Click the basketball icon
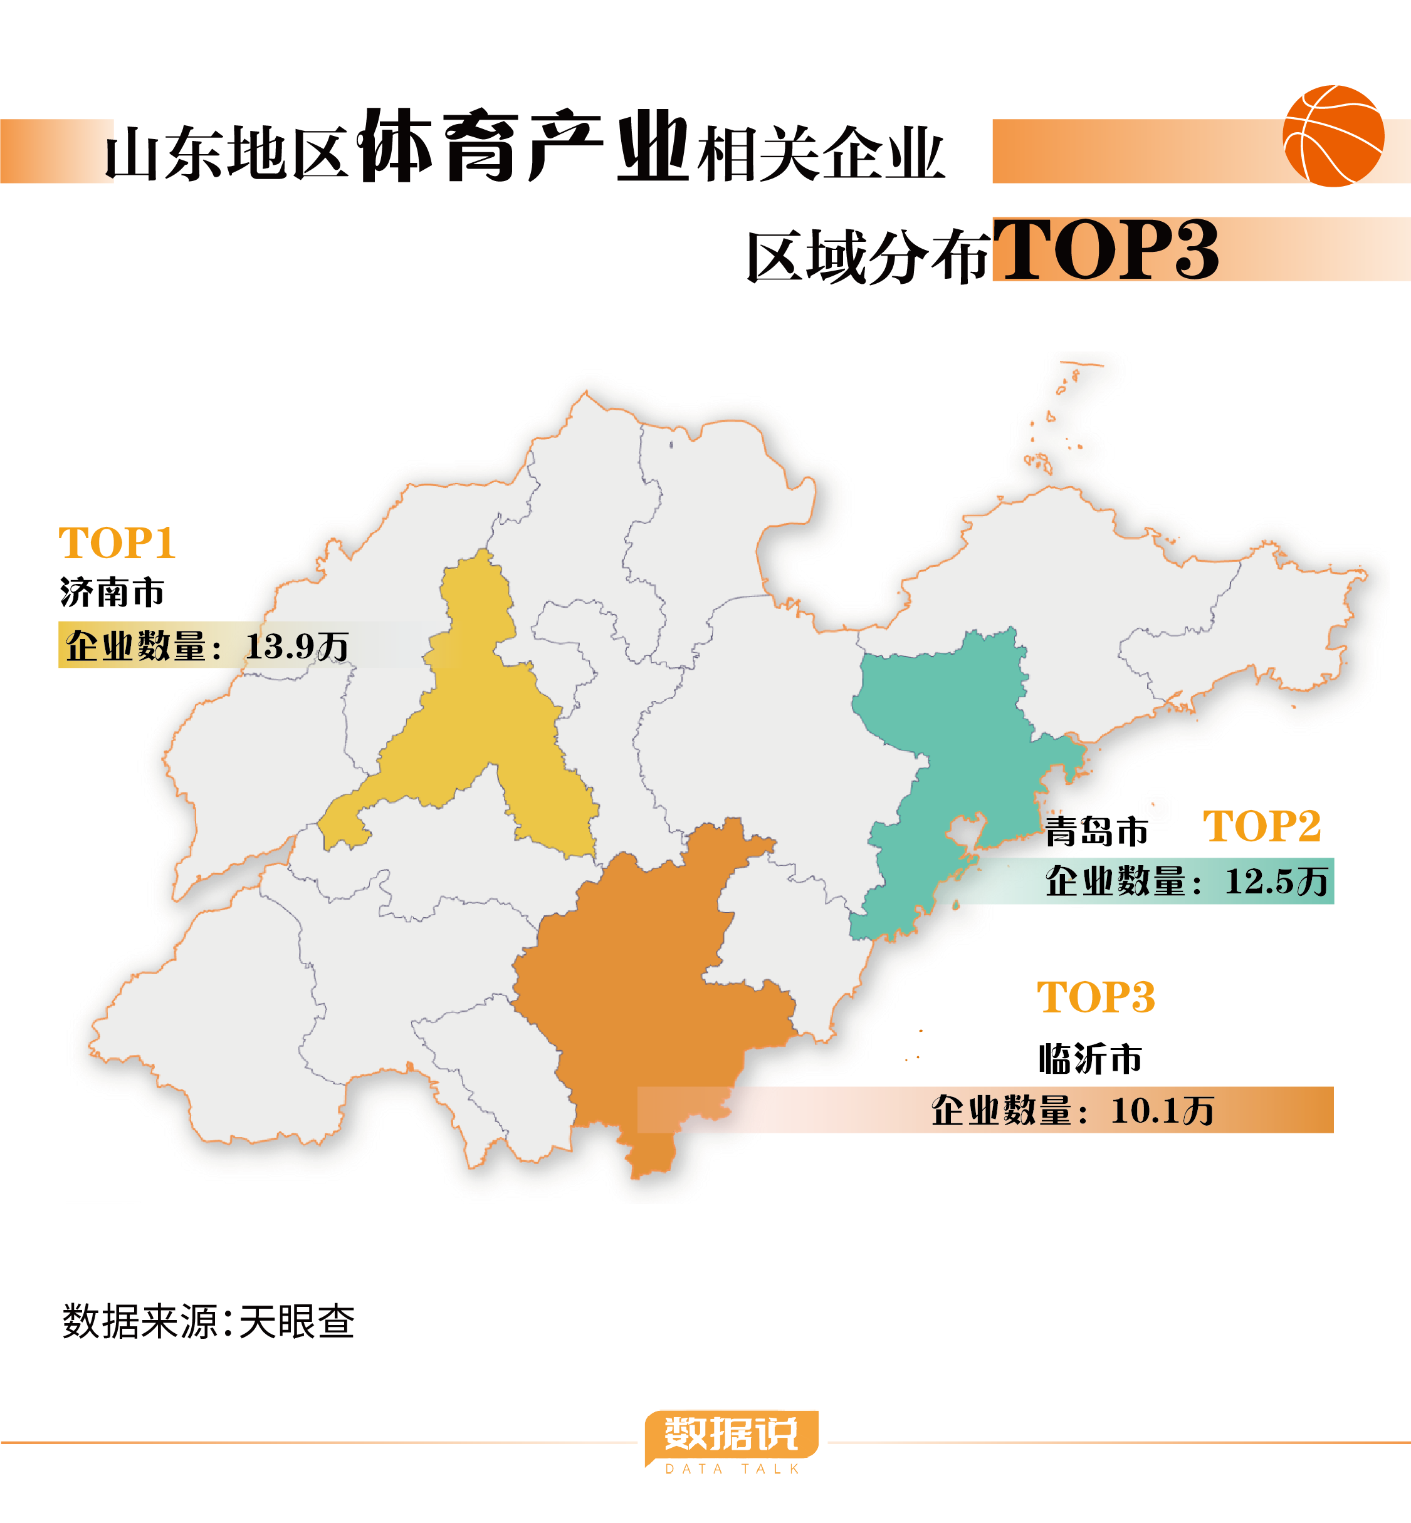click(1333, 136)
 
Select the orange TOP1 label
click(117, 543)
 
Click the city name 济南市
click(112, 592)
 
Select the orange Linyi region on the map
click(649, 992)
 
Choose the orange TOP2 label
click(1261, 826)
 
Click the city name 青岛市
click(1096, 831)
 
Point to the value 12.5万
click(1276, 881)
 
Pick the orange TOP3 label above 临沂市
click(1096, 997)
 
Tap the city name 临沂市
click(1089, 1058)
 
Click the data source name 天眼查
click(297, 1321)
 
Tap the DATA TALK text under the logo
click(732, 1470)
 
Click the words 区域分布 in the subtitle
click(868, 257)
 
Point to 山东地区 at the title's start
click(227, 153)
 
